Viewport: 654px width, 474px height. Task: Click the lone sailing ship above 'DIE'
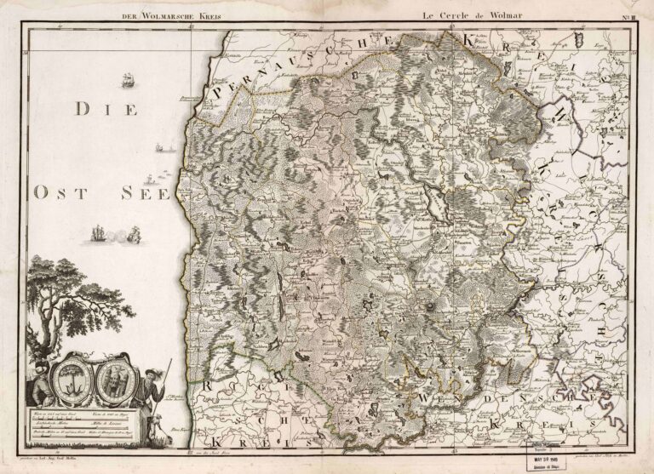coord(129,82)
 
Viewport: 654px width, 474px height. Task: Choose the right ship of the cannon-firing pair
coord(133,233)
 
